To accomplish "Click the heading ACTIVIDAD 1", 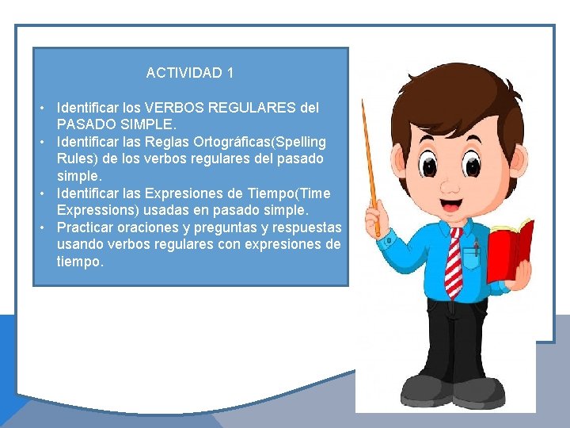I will coord(189,73).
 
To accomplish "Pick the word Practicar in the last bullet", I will coord(85,227).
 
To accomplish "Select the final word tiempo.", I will coord(79,262).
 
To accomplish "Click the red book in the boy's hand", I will coord(509,250).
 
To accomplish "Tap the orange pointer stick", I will coord(370,166).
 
